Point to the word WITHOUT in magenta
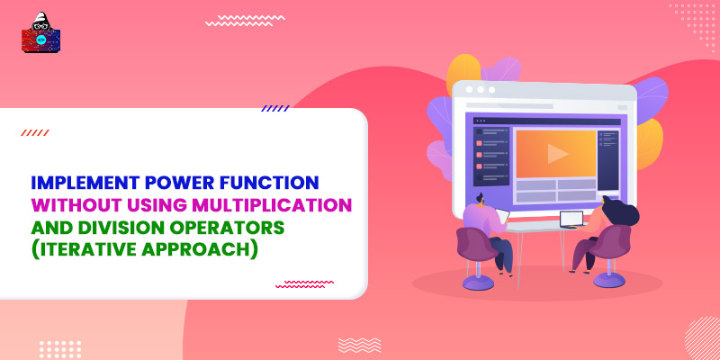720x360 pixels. click(73, 204)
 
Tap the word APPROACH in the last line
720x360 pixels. click(203, 247)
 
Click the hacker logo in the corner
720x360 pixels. click(40, 35)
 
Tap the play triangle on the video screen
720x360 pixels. click(558, 153)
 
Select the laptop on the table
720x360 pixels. click(570, 219)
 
